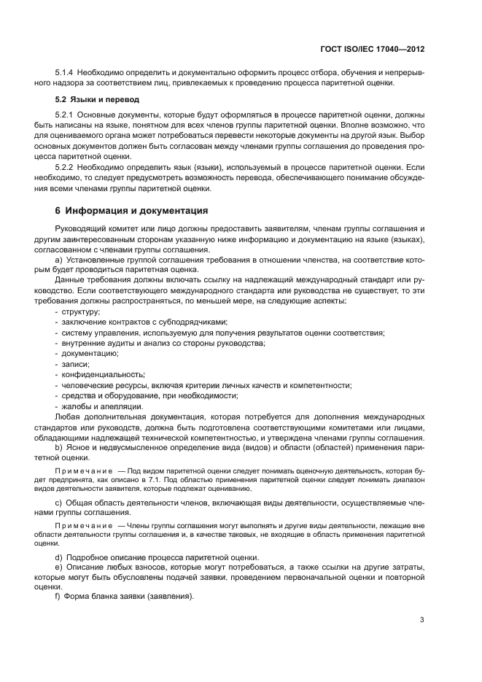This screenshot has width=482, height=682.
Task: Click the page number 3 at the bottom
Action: (422, 620)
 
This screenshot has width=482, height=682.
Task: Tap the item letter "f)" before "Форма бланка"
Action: (59, 596)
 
